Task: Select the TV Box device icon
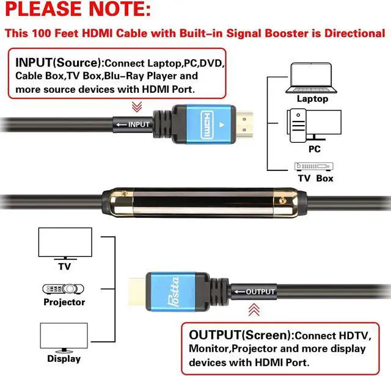(x=315, y=165)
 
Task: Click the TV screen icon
(x=65, y=244)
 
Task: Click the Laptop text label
(x=312, y=98)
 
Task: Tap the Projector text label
(x=64, y=302)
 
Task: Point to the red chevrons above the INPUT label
(x=137, y=107)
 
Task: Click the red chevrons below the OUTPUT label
(x=254, y=310)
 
